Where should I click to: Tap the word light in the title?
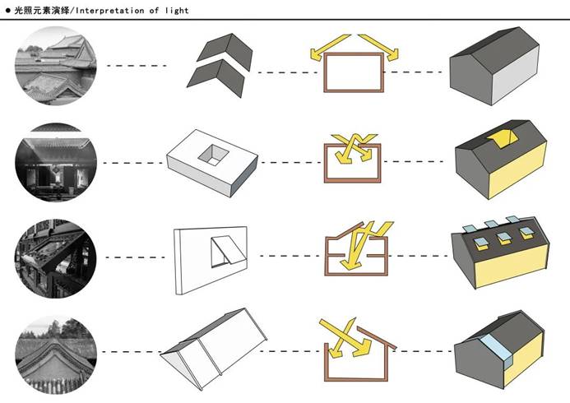(176, 11)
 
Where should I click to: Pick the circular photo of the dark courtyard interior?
(56, 161)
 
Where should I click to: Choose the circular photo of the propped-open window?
(56, 257)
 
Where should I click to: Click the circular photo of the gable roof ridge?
(56, 352)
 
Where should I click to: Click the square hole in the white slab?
(216, 153)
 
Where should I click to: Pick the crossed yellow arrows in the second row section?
(356, 148)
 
